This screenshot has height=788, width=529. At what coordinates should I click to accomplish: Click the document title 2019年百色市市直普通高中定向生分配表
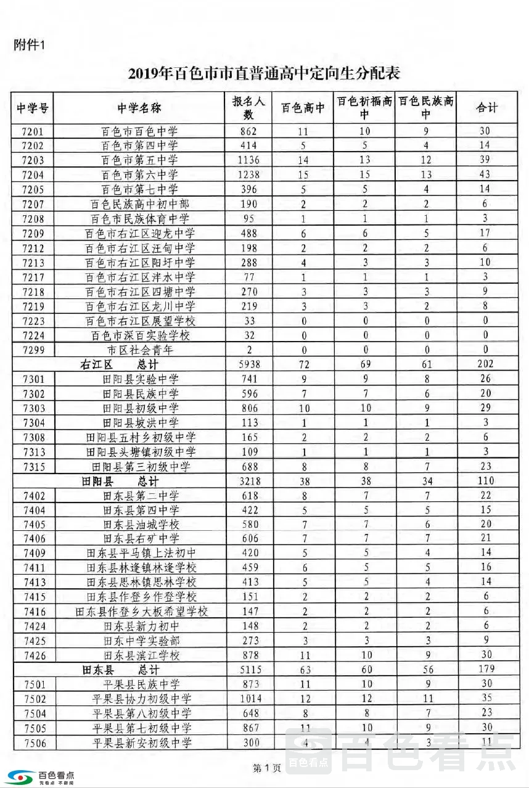264,74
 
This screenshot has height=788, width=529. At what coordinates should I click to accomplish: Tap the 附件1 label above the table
30,44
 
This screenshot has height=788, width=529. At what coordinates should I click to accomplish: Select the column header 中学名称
139,108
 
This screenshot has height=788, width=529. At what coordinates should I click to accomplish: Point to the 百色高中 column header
303,108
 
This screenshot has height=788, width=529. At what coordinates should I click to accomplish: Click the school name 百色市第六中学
139,174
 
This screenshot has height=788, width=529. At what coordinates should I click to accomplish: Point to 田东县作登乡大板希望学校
141,612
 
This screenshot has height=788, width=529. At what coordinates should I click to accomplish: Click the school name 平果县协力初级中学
141,699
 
